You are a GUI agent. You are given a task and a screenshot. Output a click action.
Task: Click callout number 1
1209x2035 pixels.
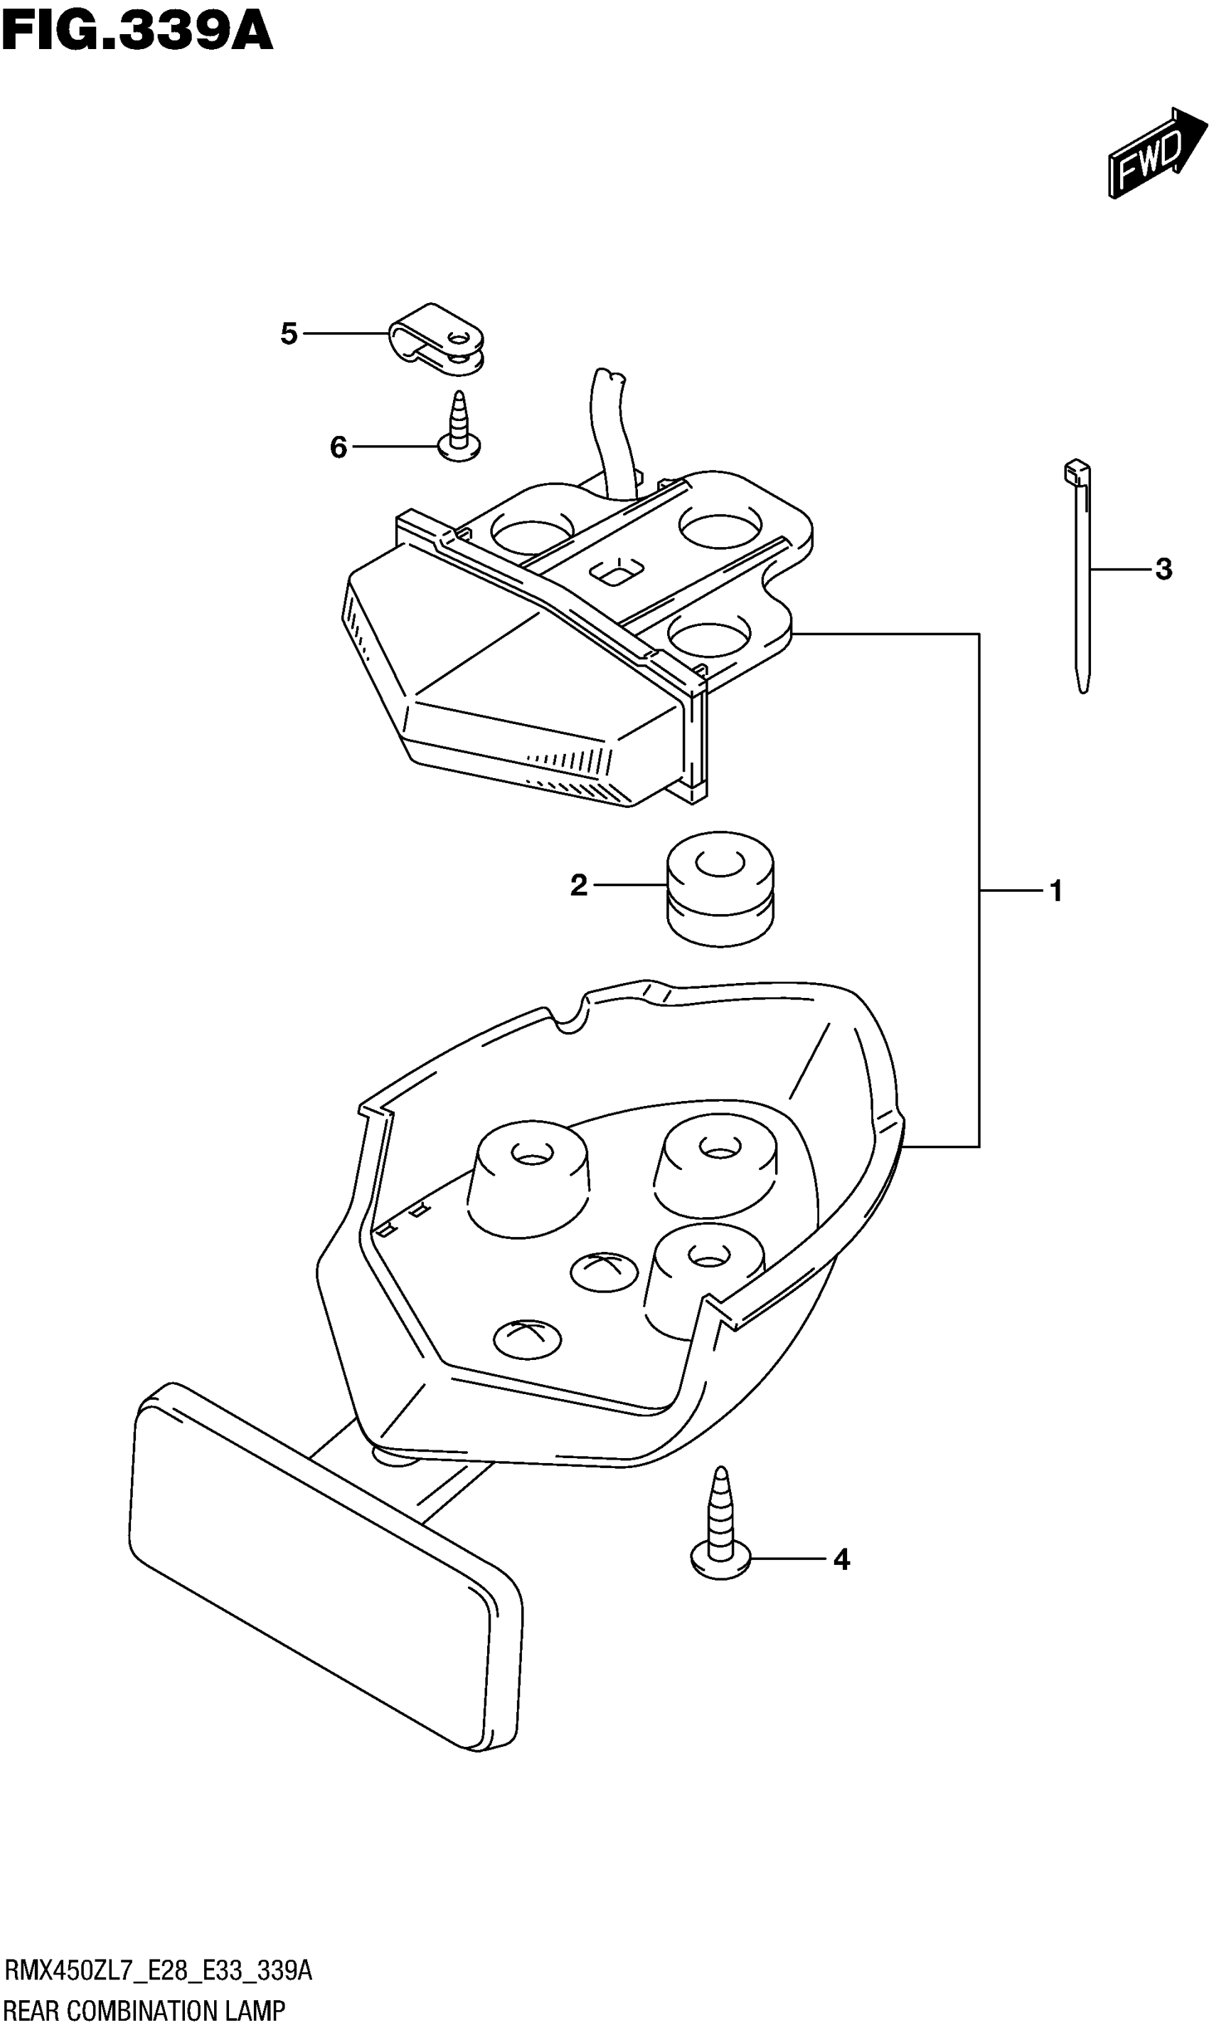tap(1056, 891)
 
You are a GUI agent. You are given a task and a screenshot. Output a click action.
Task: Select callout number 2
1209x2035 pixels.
tap(578, 885)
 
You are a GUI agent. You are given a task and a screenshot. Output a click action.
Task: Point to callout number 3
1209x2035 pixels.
tap(1163, 570)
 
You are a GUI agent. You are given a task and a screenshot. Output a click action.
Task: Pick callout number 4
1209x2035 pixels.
tap(841, 1560)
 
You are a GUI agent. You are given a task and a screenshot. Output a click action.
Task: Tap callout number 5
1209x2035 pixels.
tap(289, 333)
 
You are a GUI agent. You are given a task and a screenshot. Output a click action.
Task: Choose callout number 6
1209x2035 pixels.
tap(338, 447)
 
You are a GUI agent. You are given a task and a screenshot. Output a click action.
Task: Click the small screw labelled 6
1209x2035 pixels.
tap(459, 427)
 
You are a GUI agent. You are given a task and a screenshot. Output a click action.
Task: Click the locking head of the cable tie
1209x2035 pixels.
tap(1075, 472)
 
